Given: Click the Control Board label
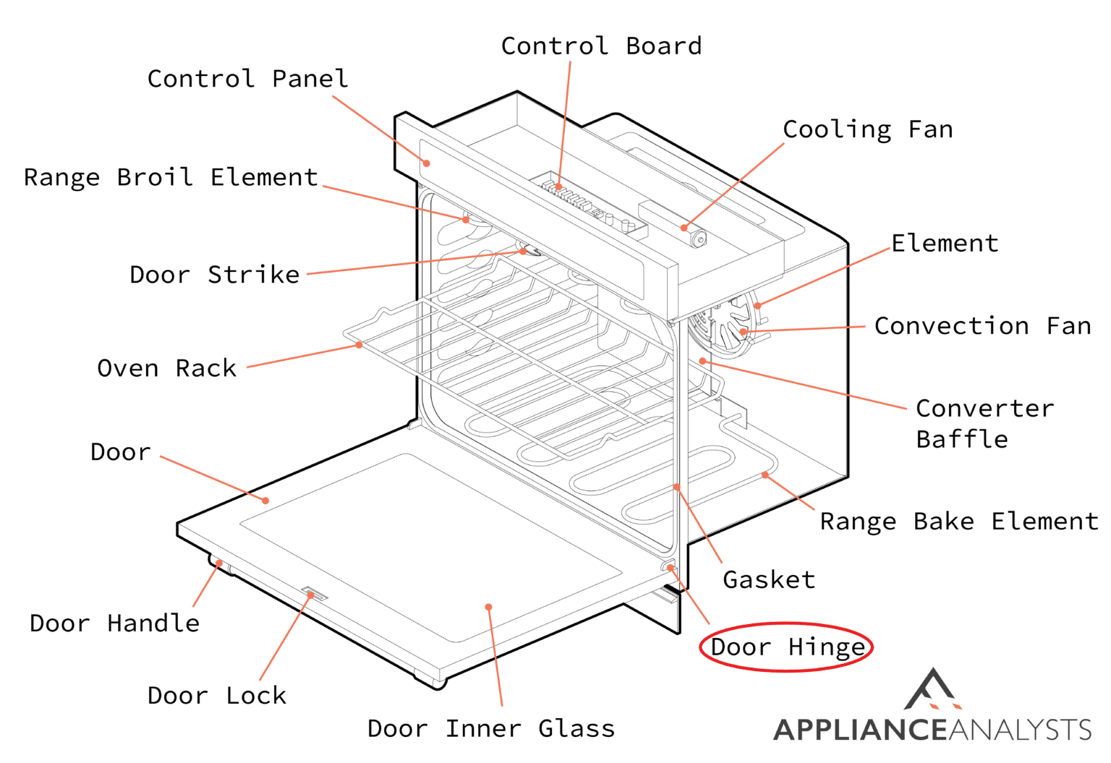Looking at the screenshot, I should click(601, 46).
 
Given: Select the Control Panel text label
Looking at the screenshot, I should click(247, 79).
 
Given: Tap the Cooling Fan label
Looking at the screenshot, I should click(867, 130).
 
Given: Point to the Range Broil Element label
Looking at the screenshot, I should click(171, 178).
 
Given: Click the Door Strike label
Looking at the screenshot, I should click(214, 275).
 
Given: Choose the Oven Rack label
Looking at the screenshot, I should click(166, 369).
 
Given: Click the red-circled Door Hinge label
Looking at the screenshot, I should click(787, 647).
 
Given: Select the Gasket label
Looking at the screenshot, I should click(768, 580).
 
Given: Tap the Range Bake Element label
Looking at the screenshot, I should click(958, 521).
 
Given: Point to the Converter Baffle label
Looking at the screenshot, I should click(984, 424).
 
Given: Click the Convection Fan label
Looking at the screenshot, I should click(982, 326).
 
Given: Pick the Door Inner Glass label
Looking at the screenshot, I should click(491, 729).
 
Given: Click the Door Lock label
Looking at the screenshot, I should click(217, 696).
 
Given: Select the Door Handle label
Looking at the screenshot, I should click(114, 623).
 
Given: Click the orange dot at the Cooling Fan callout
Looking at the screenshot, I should click(684, 228).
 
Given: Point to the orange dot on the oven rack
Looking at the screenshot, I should click(359, 345).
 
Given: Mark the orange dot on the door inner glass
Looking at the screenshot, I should click(489, 607).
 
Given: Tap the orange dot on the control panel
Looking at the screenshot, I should click(427, 163).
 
